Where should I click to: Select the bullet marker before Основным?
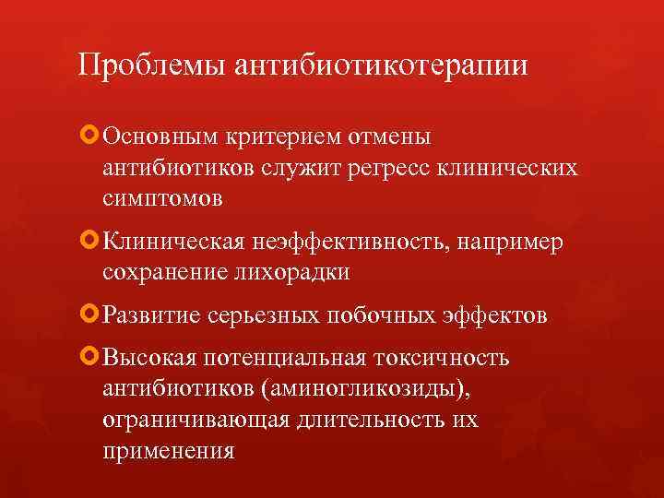tap(90, 136)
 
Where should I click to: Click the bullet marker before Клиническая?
tap(90, 241)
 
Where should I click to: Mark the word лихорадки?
tap(297, 273)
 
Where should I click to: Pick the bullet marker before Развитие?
tap(90, 314)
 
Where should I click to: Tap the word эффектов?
tap(499, 315)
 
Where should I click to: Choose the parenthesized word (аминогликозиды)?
tap(366, 389)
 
